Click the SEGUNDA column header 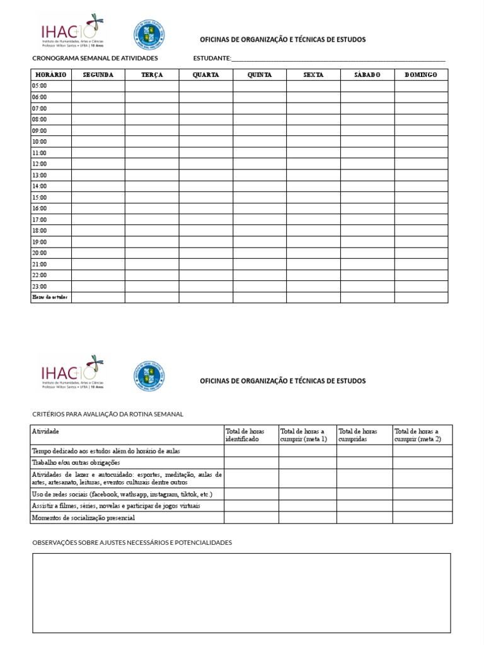tap(98, 75)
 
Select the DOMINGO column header tap(421, 75)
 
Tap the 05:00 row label tap(39, 86)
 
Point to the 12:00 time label tap(39, 164)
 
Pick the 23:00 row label tap(39, 287)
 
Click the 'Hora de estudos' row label tap(50, 297)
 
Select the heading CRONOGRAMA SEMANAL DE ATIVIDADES tap(95, 58)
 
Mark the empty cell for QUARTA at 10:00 tap(205, 142)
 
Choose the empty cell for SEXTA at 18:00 tap(313, 231)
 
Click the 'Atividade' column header tap(45, 431)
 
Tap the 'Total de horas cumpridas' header tap(357, 435)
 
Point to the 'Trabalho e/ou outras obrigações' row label tap(76, 462)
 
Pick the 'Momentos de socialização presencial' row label tap(83, 518)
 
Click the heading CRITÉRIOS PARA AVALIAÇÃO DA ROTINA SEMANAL tap(108, 414)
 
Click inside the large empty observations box tap(241, 593)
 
